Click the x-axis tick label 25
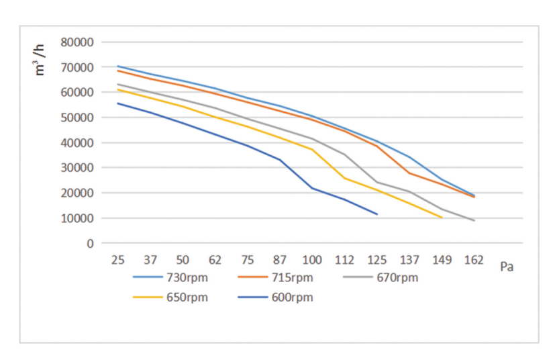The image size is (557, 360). click(x=117, y=260)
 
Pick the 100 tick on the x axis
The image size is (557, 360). click(x=312, y=260)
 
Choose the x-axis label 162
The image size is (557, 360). click(x=474, y=260)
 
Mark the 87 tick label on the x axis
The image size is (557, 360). click(x=280, y=260)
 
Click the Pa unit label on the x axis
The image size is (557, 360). click(x=507, y=267)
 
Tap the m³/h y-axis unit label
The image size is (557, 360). click(x=40, y=59)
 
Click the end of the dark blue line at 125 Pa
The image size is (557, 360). click(x=377, y=214)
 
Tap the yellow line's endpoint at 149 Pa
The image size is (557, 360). click(x=442, y=218)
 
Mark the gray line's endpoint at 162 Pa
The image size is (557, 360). click(x=474, y=220)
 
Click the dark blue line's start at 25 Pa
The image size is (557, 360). click(x=117, y=103)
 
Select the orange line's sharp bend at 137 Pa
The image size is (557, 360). click(x=409, y=173)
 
